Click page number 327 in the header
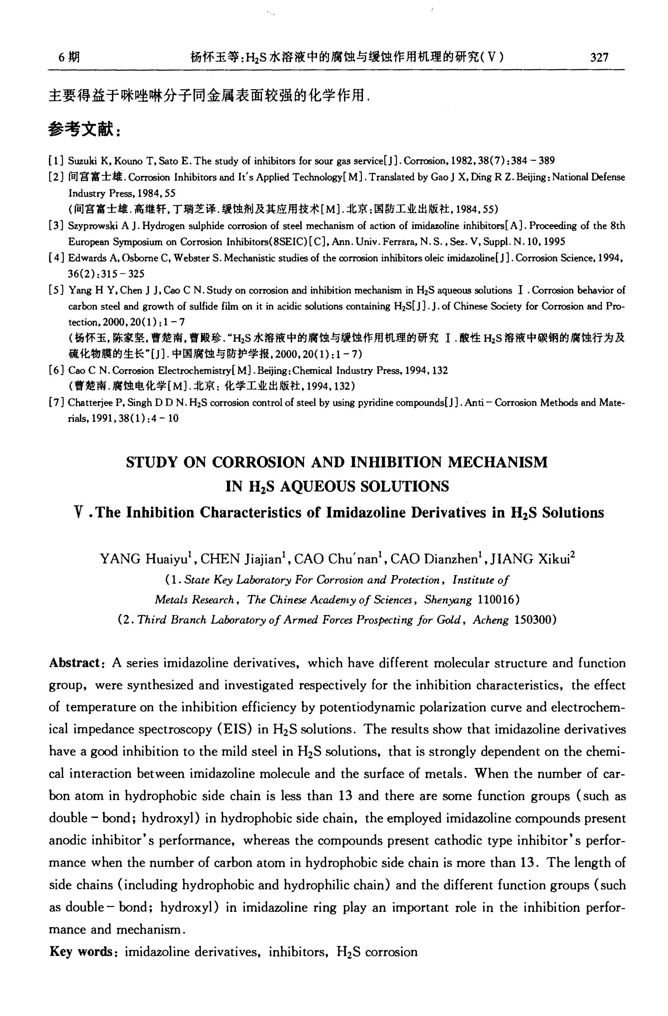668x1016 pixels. (599, 57)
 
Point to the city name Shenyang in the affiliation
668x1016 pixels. (448, 600)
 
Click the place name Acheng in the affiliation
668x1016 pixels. (490, 620)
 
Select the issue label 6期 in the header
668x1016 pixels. (68, 57)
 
